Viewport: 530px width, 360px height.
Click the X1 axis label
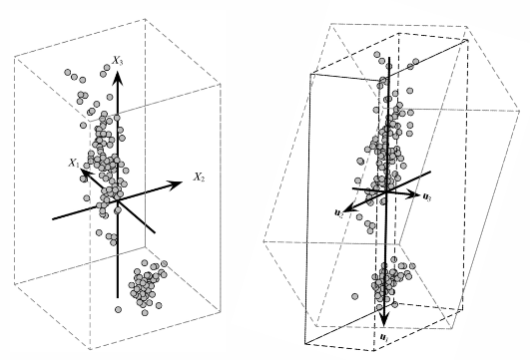point(74,163)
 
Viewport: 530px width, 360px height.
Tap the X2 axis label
point(199,177)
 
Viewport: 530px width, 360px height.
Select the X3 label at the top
point(118,61)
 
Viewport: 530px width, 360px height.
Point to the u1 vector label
point(384,337)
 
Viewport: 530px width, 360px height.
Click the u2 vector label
point(338,212)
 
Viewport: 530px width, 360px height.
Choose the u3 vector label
point(427,196)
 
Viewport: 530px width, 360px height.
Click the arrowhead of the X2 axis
point(175,184)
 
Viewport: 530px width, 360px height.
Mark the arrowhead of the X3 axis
point(118,78)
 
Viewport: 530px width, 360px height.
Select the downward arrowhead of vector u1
point(383,319)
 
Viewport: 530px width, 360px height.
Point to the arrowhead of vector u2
point(351,207)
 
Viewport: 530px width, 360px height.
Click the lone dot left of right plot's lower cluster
point(354,296)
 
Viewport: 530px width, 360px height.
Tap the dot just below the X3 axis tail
point(118,309)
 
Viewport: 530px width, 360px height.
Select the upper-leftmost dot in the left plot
point(68,72)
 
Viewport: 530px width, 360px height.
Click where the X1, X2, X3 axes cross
point(118,201)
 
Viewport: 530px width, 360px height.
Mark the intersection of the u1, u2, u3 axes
point(386,191)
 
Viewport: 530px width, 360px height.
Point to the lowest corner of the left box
point(90,349)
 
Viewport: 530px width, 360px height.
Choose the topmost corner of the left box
point(146,19)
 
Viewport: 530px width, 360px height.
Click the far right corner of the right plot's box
point(520,111)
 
